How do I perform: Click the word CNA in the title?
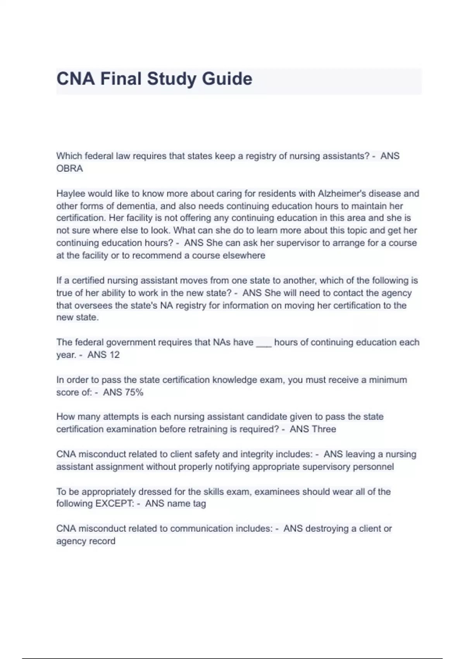[x=76, y=79]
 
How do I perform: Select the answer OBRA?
[x=70, y=169]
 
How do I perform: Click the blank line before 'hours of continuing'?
[x=263, y=343]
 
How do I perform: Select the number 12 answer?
[x=114, y=355]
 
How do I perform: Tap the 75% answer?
[x=134, y=392]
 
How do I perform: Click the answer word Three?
[x=324, y=429]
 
